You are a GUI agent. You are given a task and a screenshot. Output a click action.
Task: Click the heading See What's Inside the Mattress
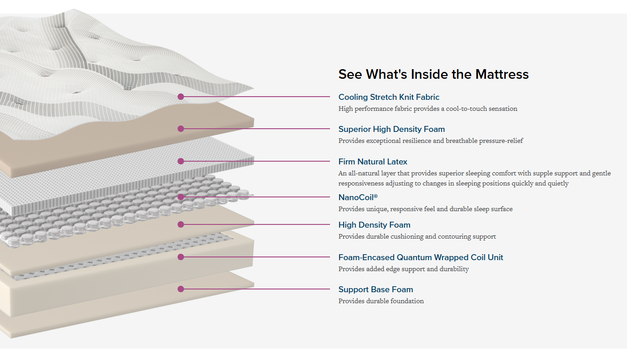433,74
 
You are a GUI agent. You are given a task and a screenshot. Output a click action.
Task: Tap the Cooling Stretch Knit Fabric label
389,97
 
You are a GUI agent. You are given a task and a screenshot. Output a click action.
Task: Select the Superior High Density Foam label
391,129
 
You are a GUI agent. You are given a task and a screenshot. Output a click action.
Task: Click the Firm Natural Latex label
373,162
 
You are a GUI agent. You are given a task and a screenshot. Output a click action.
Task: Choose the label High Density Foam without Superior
374,225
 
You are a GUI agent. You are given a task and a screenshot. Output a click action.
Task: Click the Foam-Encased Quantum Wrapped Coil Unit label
421,257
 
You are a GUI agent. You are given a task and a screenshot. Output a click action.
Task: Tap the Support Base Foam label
375,289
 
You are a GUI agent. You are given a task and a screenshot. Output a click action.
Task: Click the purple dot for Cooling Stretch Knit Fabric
181,97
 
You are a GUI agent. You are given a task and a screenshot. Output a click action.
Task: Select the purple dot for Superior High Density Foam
181,129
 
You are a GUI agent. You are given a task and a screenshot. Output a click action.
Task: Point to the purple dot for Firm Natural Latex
181,161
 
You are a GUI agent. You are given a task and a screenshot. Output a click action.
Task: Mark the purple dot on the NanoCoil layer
181,197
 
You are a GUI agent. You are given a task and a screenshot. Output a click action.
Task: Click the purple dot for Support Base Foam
181,289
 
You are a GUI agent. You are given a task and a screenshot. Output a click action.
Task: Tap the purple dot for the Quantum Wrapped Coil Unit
181,257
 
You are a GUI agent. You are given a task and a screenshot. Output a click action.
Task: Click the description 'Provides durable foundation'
381,301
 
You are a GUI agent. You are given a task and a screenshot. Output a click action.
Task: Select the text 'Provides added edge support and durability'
403,269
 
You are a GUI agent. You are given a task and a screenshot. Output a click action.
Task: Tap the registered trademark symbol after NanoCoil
376,196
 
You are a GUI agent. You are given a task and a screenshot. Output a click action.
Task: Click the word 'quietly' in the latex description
557,184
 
